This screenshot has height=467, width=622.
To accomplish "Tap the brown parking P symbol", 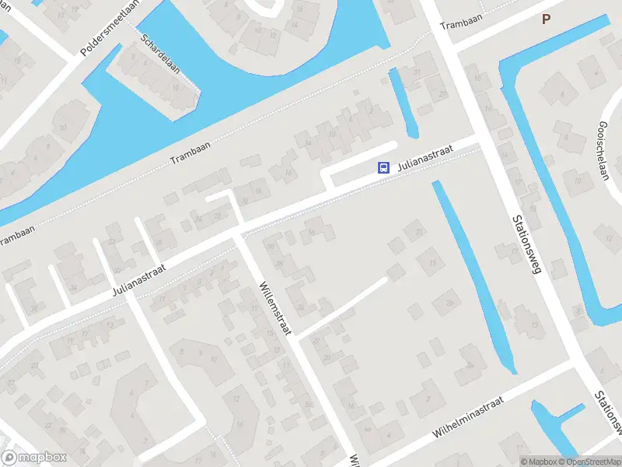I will (x=546, y=20).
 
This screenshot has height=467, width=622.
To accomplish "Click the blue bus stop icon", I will (x=383, y=167).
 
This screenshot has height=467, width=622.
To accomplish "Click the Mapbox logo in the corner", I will (x=34, y=458).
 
